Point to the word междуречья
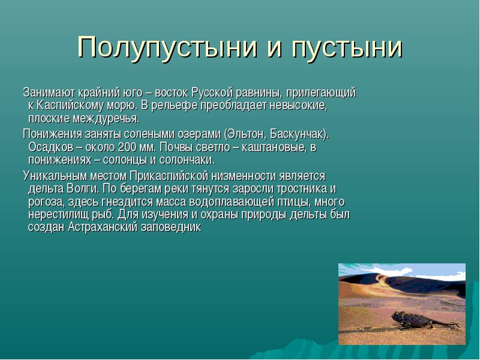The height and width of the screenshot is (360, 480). click(x=106, y=118)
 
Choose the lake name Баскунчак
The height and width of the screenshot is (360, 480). click(x=298, y=134)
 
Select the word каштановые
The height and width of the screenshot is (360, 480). click(x=274, y=147)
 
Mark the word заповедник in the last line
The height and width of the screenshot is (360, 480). click(x=171, y=227)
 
